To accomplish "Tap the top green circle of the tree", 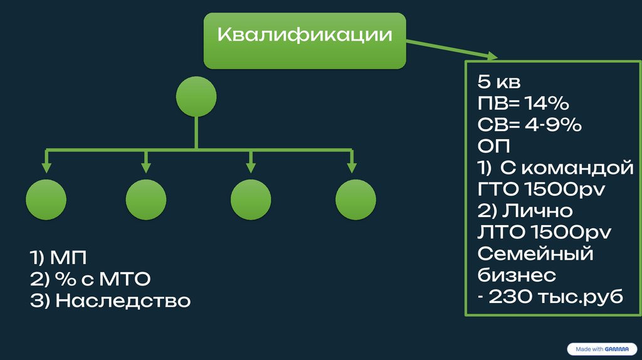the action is pos(196,97).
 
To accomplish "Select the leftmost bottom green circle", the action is pos(46,199).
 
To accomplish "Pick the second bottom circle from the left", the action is pos(146,199).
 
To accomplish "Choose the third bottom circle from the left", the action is pos(251,199).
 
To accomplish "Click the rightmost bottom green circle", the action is pos(355,199).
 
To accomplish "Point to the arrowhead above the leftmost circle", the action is pos(46,167).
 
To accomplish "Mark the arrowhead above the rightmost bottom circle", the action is pos(352,167).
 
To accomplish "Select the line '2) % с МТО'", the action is pos(90,278).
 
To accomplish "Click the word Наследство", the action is pos(123,300).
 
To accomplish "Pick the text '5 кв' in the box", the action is pos(499,82).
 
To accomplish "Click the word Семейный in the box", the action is pos(535,254).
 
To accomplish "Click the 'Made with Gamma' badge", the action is pos(601,348).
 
